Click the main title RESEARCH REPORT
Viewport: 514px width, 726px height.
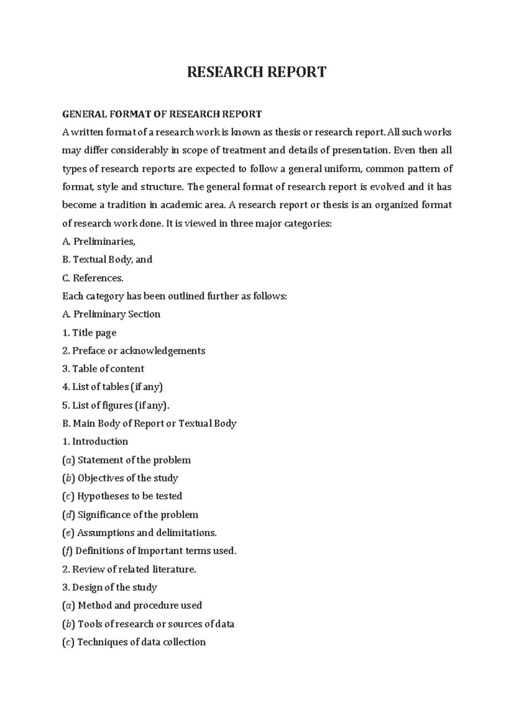pos(257,72)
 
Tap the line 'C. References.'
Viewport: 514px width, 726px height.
pos(93,278)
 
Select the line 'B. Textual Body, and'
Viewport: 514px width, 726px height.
pos(107,259)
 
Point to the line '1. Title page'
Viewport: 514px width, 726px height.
pos(89,333)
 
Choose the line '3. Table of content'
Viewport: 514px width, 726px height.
pos(103,369)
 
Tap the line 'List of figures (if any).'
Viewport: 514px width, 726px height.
pos(121,405)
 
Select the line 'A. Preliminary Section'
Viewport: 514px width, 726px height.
pos(111,314)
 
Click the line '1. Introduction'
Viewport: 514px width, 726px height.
pos(95,441)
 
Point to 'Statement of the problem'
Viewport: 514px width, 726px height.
pos(134,460)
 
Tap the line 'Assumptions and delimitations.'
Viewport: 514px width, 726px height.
pos(146,533)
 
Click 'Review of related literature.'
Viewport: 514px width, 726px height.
pos(134,569)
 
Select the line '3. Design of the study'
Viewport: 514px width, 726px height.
pos(110,587)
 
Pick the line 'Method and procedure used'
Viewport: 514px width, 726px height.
pos(140,605)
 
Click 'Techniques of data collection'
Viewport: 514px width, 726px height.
pos(141,642)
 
